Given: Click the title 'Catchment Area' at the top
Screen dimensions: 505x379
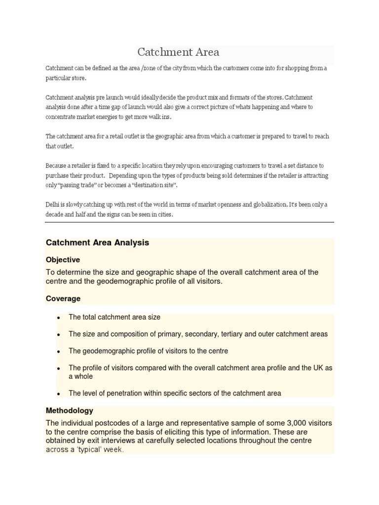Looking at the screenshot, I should (x=178, y=52).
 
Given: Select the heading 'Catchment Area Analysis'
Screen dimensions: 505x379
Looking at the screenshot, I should (x=97, y=243).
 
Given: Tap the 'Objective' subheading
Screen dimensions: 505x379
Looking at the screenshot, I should (x=63, y=259).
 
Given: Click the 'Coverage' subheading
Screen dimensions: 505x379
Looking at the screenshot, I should (x=63, y=298).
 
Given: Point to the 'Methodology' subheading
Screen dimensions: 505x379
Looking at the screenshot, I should (x=70, y=410).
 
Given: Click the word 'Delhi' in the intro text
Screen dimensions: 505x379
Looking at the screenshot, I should (x=53, y=205).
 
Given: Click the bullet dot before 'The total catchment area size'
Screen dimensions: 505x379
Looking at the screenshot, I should (x=59, y=318).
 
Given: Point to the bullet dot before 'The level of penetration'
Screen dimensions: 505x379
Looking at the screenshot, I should (x=59, y=394).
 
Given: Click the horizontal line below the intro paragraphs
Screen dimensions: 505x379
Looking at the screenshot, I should (x=189, y=222).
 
